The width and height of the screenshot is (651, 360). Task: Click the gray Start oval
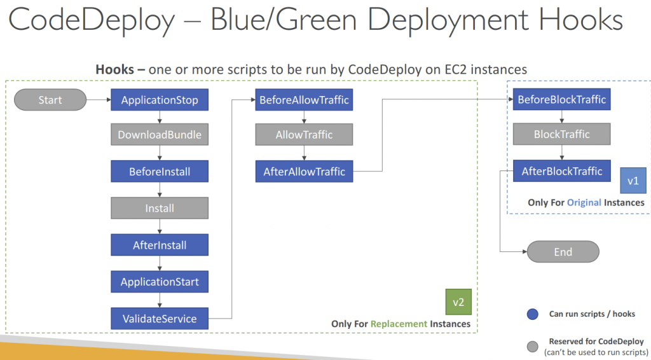point(50,100)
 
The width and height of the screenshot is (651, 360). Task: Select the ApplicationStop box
point(160,100)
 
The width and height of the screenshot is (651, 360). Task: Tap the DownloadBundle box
point(160,135)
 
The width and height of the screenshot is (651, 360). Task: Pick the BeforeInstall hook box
point(160,172)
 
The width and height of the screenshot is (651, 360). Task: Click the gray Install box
point(160,208)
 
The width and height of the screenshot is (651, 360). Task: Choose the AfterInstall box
point(160,245)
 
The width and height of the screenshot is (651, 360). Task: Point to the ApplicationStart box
point(160,282)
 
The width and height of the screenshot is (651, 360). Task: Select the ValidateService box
point(160,319)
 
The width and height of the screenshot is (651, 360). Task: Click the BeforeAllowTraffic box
point(304,100)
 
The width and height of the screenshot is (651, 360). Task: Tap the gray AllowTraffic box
point(304,135)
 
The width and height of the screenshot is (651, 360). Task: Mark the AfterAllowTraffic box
point(304,172)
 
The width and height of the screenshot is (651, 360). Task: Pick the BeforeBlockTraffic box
point(562,99)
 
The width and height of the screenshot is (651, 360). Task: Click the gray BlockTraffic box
point(562,134)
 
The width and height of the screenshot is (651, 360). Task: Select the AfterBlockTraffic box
point(562,171)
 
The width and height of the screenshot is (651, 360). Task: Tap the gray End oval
point(563,252)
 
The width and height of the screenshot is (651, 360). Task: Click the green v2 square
point(458,302)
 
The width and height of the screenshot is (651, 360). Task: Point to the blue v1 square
point(633,181)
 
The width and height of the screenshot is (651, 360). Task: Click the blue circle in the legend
point(533,314)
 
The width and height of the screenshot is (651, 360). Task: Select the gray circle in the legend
point(533,346)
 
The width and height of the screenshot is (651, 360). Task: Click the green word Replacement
point(399,324)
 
